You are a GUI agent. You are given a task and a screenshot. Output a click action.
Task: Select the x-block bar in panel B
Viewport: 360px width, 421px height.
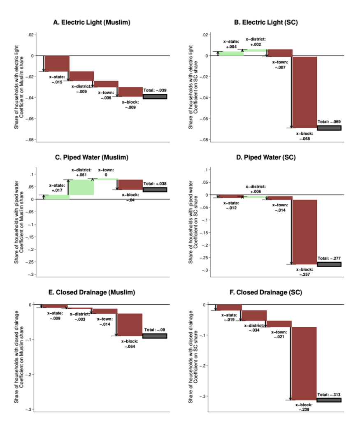(304, 92)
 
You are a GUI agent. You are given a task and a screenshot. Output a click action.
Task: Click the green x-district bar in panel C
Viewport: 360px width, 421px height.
(82, 187)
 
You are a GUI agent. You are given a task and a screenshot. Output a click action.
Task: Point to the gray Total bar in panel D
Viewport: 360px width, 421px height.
(329, 264)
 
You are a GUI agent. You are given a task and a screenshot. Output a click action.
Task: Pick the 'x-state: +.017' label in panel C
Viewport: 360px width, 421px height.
(57, 187)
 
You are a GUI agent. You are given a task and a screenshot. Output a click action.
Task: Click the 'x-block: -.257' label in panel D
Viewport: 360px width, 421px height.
(305, 272)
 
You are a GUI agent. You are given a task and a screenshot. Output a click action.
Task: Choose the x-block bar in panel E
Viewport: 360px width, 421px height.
(130, 324)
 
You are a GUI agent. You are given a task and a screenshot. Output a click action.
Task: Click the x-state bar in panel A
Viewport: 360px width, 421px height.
(57, 63)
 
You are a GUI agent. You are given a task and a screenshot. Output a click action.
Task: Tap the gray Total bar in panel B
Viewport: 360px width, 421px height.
(329, 128)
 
